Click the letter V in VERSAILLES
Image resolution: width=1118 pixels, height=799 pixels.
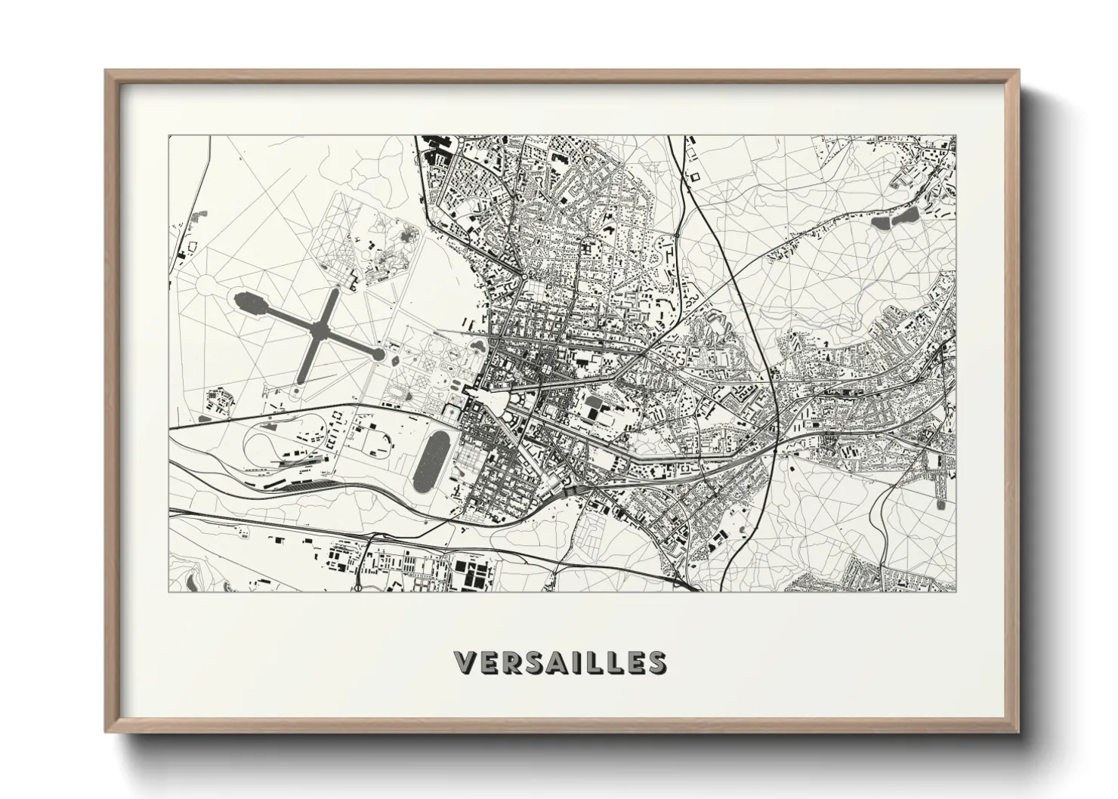pos(465,662)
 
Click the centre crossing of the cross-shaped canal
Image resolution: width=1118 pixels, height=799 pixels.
pos(320,329)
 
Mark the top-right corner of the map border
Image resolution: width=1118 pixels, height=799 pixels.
pos(956,136)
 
